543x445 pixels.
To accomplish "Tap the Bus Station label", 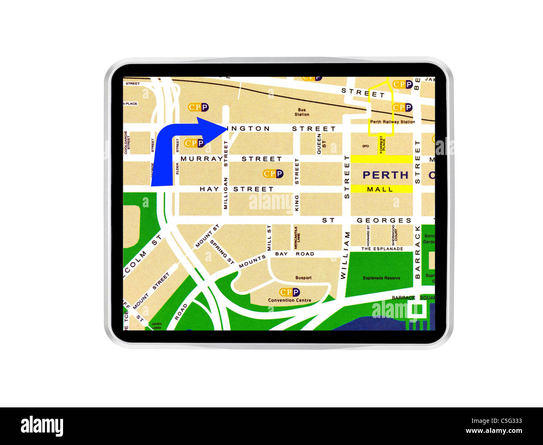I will [x=302, y=112].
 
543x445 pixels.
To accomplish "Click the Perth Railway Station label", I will [x=392, y=122].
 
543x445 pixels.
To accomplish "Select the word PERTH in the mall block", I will [x=385, y=175].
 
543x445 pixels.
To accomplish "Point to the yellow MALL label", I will [x=380, y=189].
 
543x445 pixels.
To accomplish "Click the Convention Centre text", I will [x=289, y=300].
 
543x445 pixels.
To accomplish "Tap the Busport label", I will [x=303, y=277].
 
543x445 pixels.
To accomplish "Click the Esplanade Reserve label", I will [x=381, y=278].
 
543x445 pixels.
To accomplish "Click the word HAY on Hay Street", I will [x=209, y=189].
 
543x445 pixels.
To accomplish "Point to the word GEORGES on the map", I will [x=384, y=220].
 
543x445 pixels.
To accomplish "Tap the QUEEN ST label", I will [x=321, y=144].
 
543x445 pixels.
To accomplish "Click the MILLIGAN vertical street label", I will [x=226, y=193].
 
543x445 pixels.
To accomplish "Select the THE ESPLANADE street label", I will [x=382, y=249].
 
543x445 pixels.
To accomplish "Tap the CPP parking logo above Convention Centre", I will [x=289, y=292].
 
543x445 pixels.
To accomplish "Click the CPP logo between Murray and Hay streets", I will [x=273, y=173].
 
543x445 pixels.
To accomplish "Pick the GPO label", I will [x=365, y=146].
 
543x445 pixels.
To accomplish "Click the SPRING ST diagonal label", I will [x=221, y=252].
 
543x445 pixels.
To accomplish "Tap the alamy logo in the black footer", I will [x=42, y=426].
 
